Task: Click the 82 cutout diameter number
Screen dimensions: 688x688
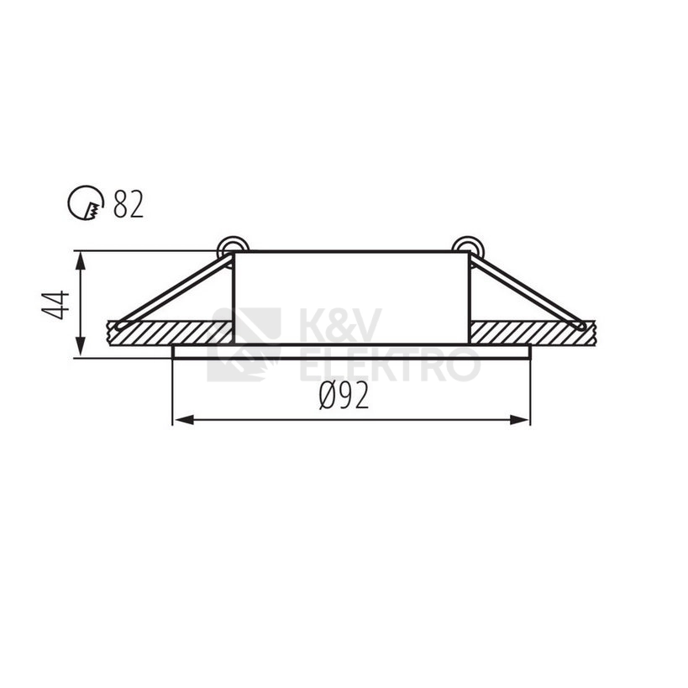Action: [x=129, y=204]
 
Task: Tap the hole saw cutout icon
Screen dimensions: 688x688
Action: [x=87, y=202]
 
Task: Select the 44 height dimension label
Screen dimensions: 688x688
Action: [x=55, y=304]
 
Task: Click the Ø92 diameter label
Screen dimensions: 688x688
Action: [x=344, y=395]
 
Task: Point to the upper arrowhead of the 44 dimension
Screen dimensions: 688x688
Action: [x=80, y=260]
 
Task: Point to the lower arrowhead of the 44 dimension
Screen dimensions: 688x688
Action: [x=80, y=348]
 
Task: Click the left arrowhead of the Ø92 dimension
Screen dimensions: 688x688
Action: [x=183, y=420]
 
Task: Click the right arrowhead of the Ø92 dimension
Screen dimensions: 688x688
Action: [x=519, y=420]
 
